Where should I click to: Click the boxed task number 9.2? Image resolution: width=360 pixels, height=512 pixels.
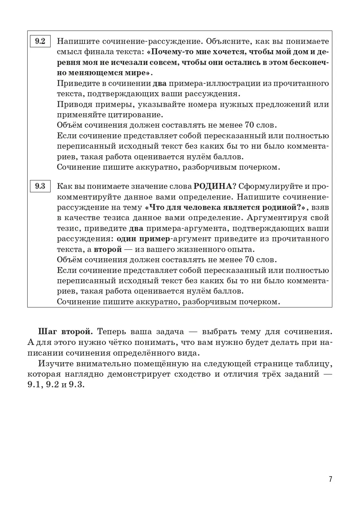tap(40, 41)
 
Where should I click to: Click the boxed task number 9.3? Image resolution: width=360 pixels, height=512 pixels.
tap(40, 186)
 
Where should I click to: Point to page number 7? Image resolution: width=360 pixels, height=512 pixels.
tap(330, 479)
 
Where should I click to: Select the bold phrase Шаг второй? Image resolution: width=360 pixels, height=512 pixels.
tap(62, 332)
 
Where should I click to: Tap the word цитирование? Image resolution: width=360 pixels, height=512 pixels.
tap(132, 115)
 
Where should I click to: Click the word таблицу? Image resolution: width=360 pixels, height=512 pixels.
tap(313, 363)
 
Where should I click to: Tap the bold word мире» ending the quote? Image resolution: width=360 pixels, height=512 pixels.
tap(136, 73)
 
